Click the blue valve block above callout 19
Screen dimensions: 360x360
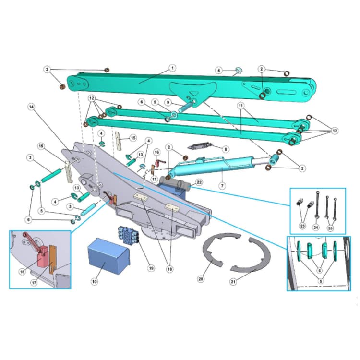click(x=127, y=235)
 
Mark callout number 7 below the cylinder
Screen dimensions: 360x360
click(x=222, y=185)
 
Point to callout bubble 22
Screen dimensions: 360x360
click(x=199, y=182)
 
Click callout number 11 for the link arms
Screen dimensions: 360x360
click(x=240, y=105)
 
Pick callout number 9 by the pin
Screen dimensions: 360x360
click(x=168, y=102)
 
